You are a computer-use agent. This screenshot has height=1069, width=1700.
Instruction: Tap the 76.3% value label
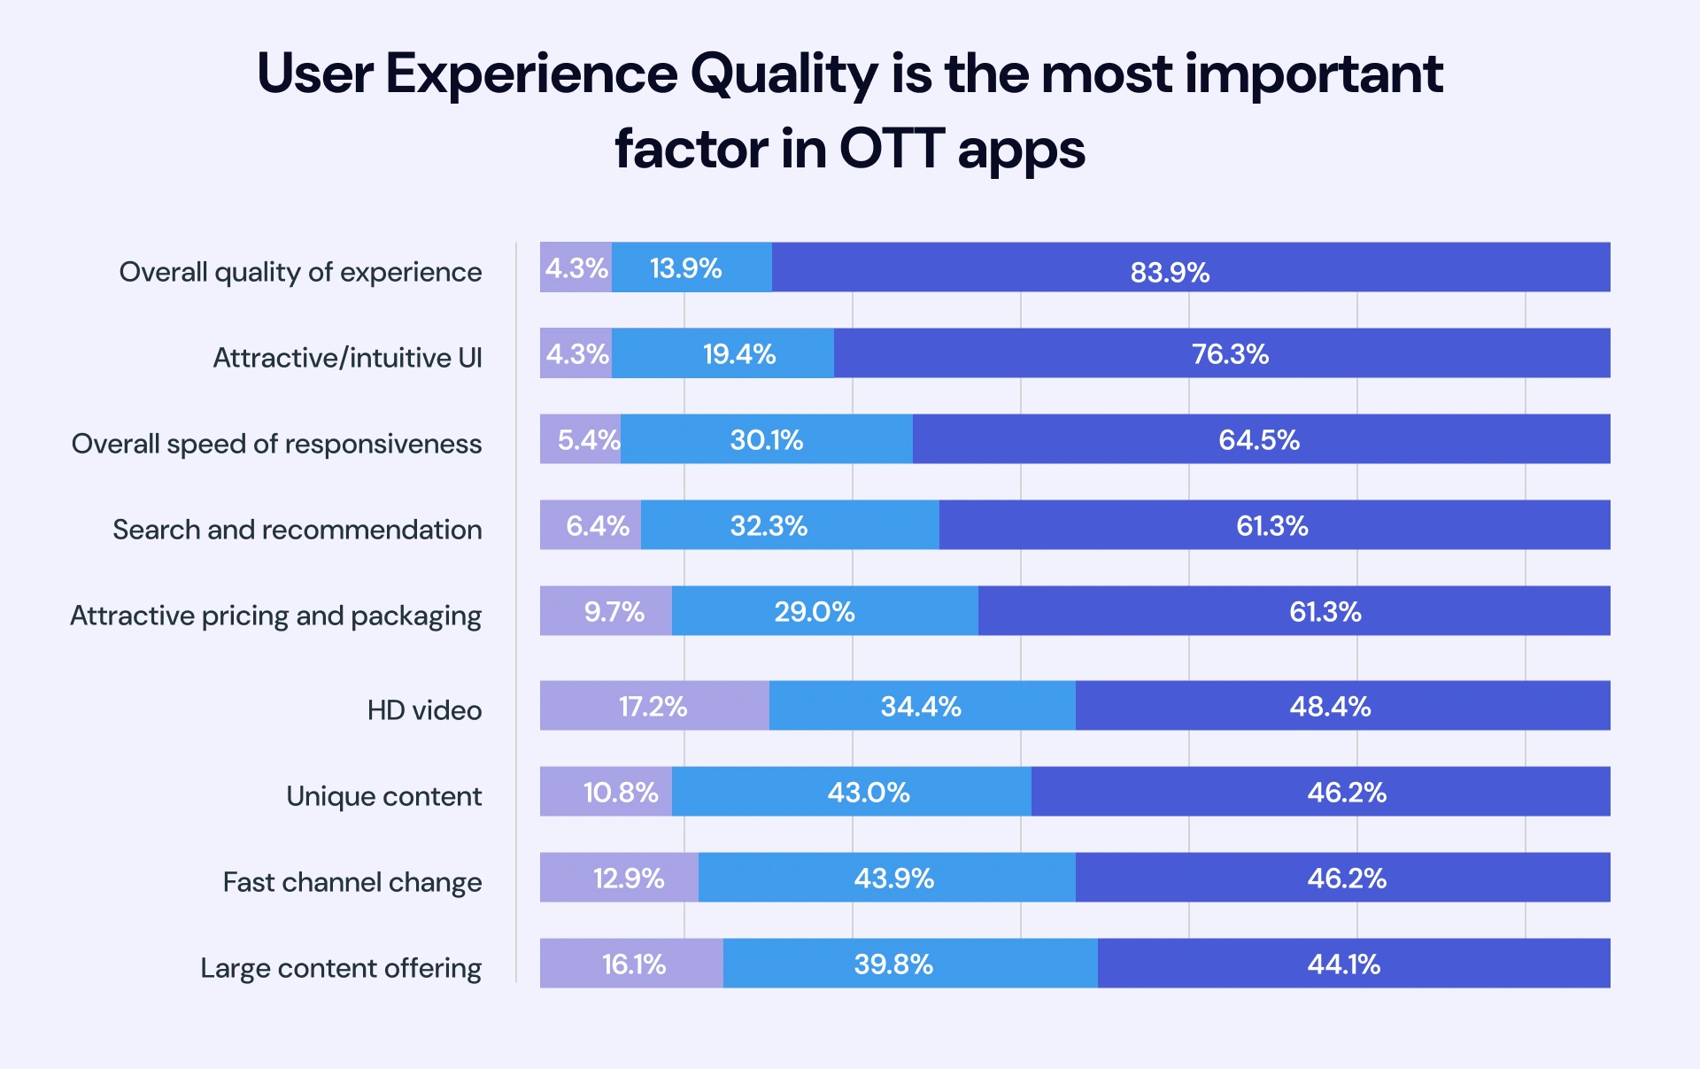[1230, 354]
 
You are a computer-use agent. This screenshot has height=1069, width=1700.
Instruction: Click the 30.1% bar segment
[767, 439]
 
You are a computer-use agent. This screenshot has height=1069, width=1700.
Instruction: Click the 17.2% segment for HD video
[653, 706]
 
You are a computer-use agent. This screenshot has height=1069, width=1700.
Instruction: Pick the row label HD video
[424, 710]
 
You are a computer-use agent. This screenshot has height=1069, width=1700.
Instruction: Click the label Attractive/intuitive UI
[347, 358]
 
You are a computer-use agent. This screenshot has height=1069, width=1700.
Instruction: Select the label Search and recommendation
[297, 530]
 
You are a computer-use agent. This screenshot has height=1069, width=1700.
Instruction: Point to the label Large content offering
[341, 968]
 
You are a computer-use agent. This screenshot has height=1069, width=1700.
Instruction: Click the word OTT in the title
[892, 149]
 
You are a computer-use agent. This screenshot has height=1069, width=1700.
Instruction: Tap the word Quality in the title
[784, 74]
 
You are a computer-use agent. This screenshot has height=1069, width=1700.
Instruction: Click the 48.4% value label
[1330, 707]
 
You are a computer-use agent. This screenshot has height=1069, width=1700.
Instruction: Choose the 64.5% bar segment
[1260, 439]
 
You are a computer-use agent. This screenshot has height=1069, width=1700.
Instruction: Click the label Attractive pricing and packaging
[275, 616]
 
